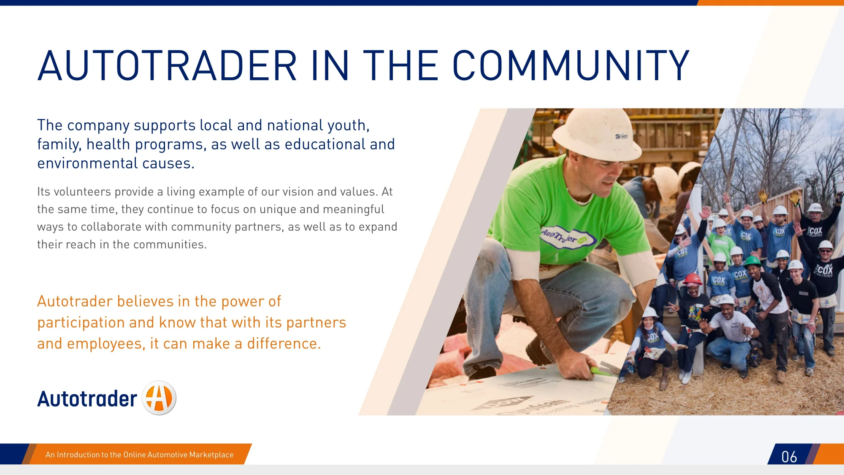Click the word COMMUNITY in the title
pyautogui.click(x=571, y=65)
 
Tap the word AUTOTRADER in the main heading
pyautogui.click(x=168, y=65)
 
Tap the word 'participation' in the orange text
pyautogui.click(x=81, y=323)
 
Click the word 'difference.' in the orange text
pyautogui.click(x=284, y=344)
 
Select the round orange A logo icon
pyautogui.click(x=159, y=398)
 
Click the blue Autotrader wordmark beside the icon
pyautogui.click(x=87, y=399)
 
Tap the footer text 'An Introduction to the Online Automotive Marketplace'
pyautogui.click(x=139, y=455)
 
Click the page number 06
pyautogui.click(x=789, y=457)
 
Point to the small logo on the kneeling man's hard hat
pyautogui.click(x=621, y=136)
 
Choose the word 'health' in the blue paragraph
pyautogui.click(x=108, y=144)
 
